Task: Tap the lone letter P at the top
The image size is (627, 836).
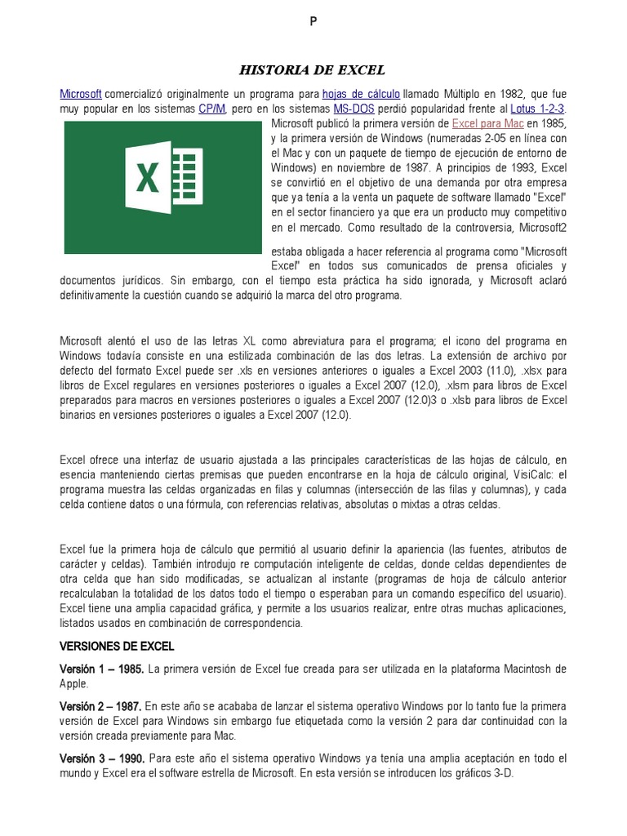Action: click(x=313, y=22)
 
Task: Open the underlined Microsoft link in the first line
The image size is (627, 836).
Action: click(x=80, y=94)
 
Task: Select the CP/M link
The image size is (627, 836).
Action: click(x=211, y=109)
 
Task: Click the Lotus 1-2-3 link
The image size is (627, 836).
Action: click(x=537, y=109)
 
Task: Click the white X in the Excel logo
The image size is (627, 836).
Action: click(x=147, y=177)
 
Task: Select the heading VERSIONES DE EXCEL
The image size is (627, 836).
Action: click(x=117, y=646)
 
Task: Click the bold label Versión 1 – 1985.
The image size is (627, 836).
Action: click(x=102, y=669)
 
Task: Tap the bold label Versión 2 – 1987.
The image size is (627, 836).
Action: click(x=102, y=706)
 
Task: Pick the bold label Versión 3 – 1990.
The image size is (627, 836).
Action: click(x=102, y=758)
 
